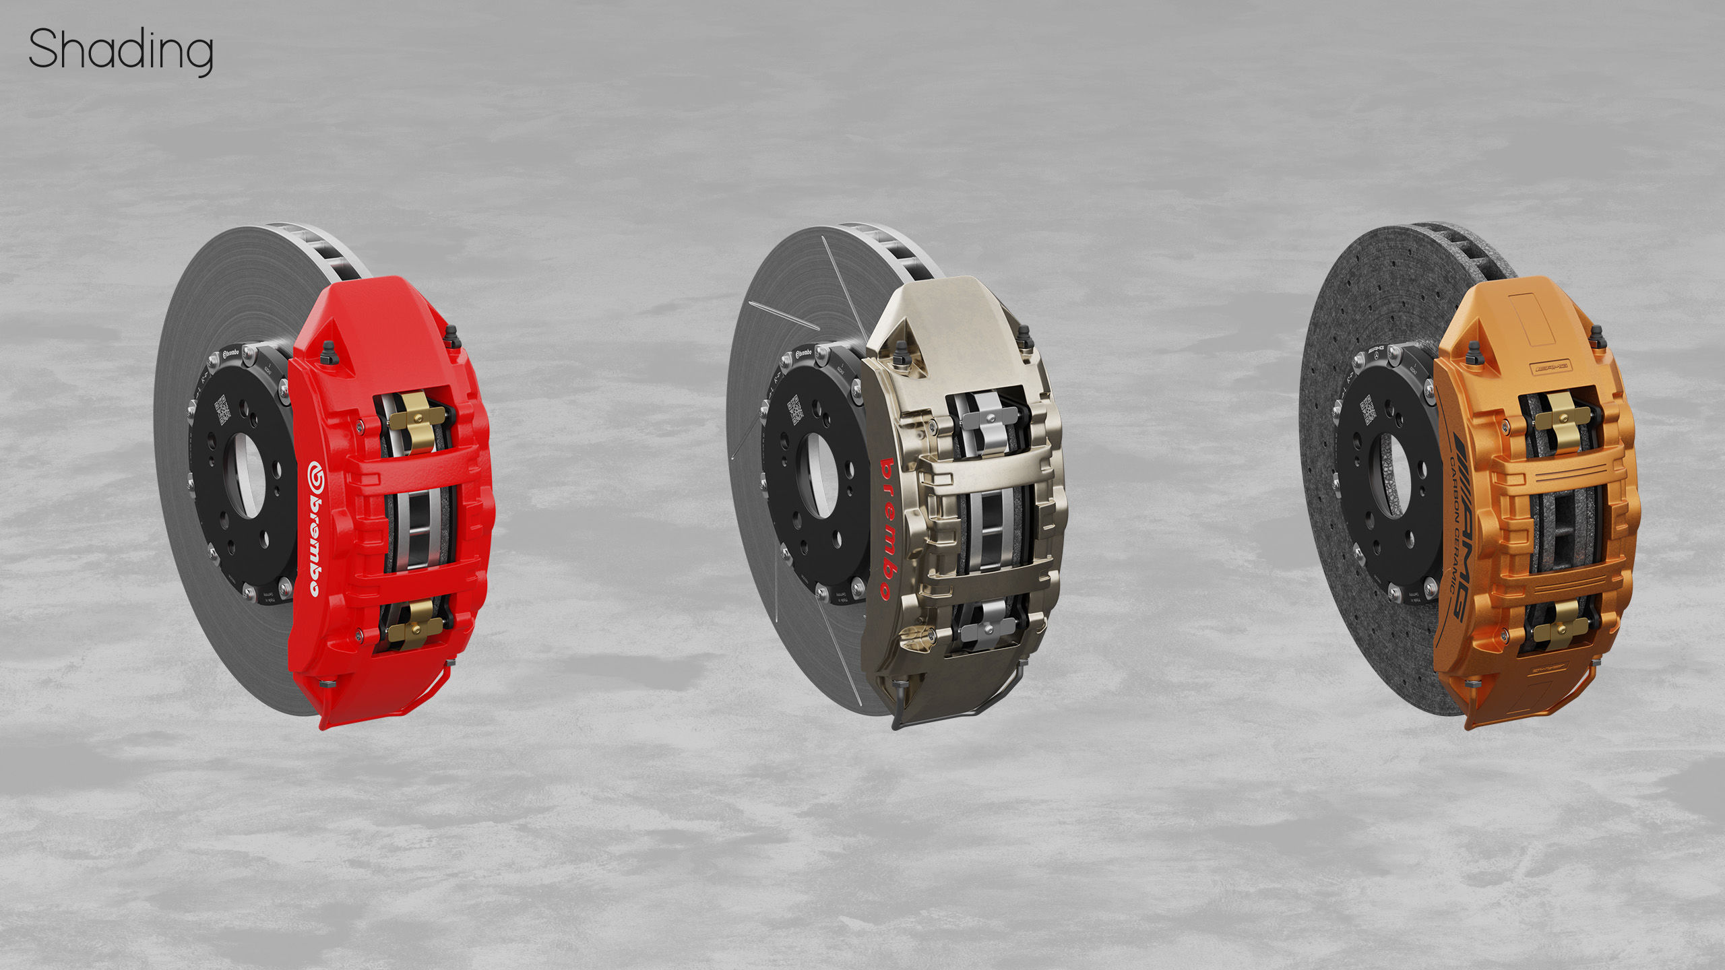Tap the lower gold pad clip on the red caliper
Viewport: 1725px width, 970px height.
pos(413,623)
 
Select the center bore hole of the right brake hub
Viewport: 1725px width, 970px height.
pos(1393,475)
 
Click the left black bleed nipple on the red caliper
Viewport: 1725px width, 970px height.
pos(328,352)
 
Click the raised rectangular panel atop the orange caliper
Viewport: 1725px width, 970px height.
pos(1534,317)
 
